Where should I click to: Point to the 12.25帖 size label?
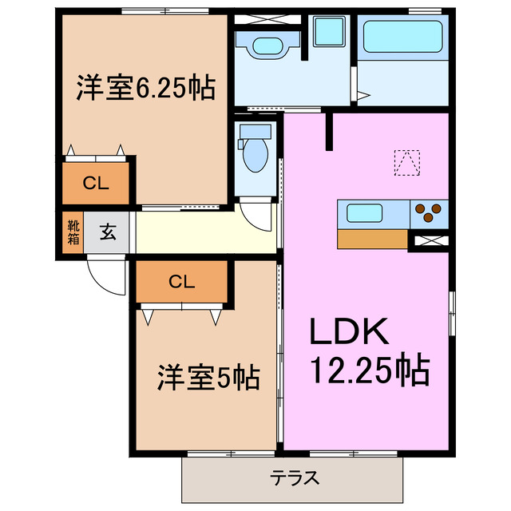point(369,370)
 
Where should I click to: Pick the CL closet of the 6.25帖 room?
point(96,183)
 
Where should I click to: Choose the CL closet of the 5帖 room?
point(182,280)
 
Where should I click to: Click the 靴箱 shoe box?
point(73,231)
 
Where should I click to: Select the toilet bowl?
point(255,153)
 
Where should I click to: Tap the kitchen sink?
point(367,214)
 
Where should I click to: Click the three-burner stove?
point(429,213)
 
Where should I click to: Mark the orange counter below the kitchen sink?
point(372,239)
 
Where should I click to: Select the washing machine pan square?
point(327,32)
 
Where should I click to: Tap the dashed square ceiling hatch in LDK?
point(407,162)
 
